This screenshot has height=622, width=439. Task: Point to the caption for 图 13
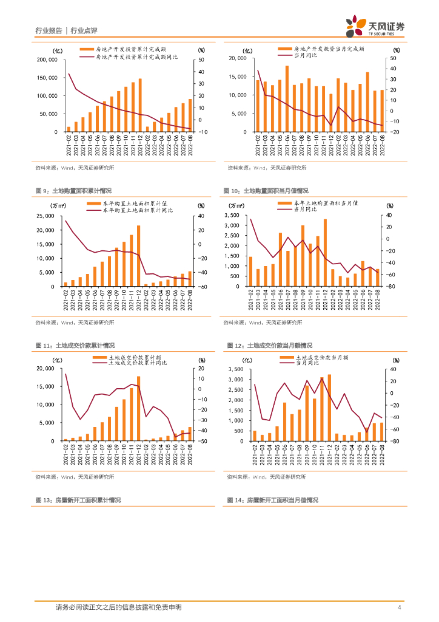(78, 500)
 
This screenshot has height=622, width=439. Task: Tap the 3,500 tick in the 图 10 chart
(236, 216)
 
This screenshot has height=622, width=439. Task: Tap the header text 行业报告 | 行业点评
(66, 30)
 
